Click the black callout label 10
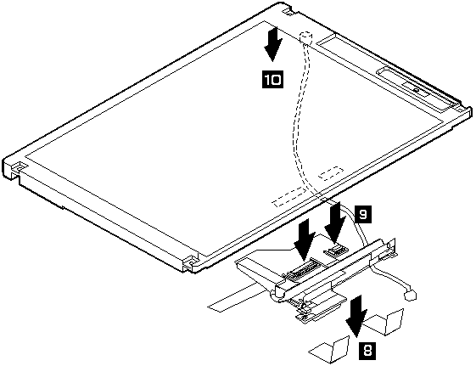click(x=272, y=80)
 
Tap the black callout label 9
click(x=362, y=214)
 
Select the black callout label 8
click(x=367, y=351)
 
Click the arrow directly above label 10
click(x=273, y=44)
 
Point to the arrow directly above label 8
click(x=356, y=316)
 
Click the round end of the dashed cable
click(x=305, y=37)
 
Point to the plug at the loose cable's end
click(x=410, y=296)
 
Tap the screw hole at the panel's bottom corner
click(x=192, y=261)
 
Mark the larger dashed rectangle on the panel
click(x=288, y=197)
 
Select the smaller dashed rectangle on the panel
click(x=331, y=172)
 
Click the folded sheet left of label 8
click(x=330, y=350)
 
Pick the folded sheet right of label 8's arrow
click(x=385, y=323)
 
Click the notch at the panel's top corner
click(x=287, y=11)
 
